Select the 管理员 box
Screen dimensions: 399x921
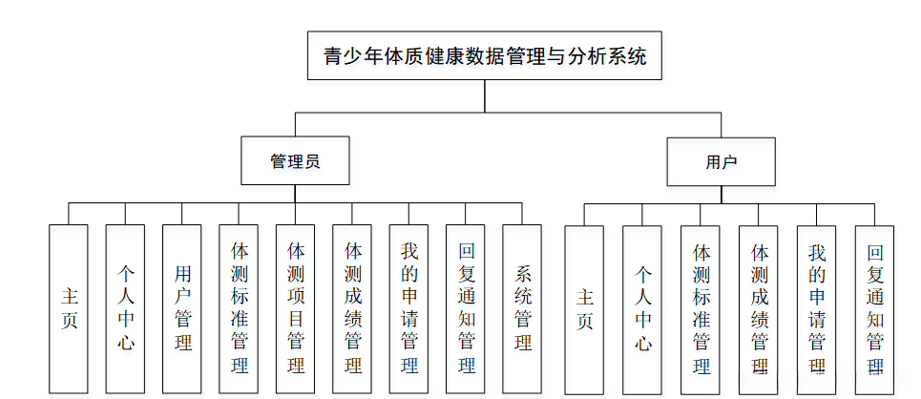pos(295,161)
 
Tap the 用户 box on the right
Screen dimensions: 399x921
pos(721,161)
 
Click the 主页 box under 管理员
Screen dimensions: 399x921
pos(69,308)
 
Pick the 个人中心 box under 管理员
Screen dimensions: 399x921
pos(125,308)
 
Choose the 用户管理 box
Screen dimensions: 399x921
pos(182,308)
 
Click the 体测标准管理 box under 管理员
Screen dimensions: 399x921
pos(239,308)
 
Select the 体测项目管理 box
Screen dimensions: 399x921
pos(296,308)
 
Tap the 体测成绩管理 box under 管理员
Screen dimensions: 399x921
pos(352,308)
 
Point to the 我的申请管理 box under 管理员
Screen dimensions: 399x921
pos(408,308)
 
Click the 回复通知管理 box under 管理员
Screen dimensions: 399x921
pos(466,308)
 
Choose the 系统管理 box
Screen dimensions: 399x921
pos(522,308)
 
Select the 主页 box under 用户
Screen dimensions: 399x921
pos(584,309)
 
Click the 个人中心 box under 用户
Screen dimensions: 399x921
pos(642,309)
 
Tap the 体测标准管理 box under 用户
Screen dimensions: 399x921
pos(701,309)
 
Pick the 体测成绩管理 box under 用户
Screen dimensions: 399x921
pos(759,309)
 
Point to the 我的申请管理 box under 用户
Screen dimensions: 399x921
pos(817,309)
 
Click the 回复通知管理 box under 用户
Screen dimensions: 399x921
pos(874,309)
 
